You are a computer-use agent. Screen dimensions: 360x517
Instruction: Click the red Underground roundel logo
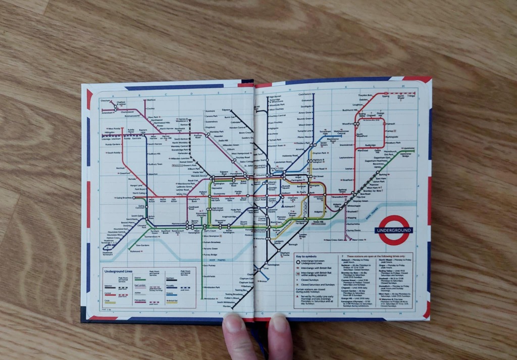393,230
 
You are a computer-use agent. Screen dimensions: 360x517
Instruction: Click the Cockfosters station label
305,94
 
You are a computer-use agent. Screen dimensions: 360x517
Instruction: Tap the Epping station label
386,96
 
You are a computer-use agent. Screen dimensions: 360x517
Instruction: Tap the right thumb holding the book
280,335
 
